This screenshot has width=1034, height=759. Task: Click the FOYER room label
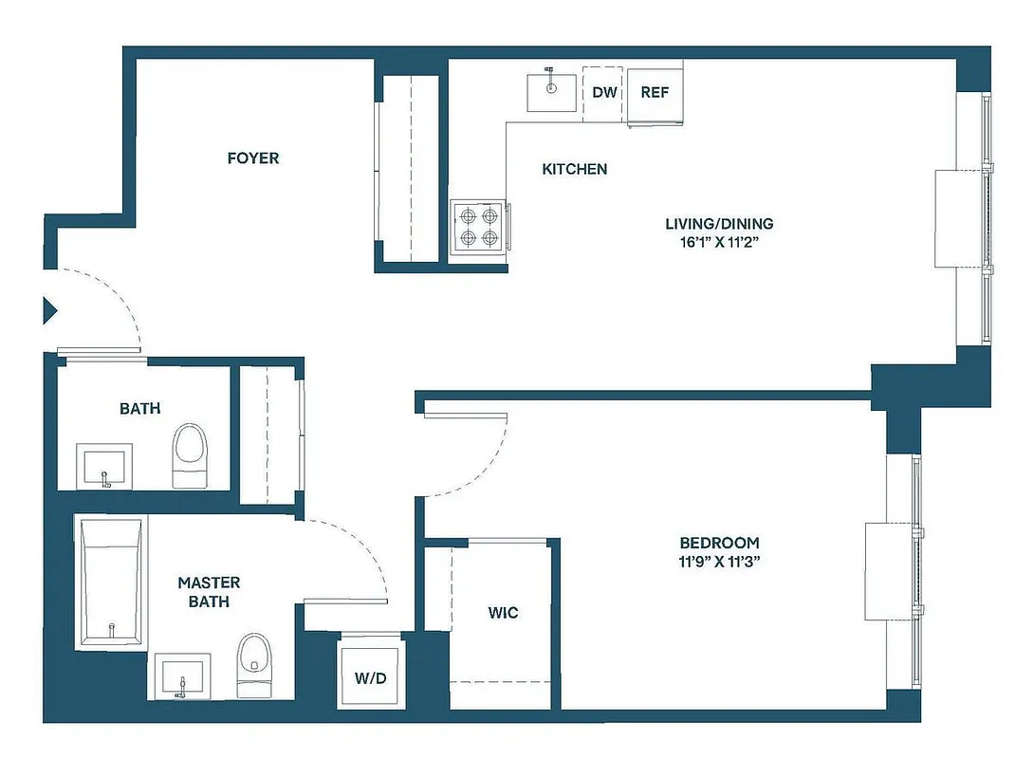(253, 158)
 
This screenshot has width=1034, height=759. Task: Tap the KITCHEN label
(574, 169)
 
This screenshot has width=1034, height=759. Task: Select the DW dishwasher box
(605, 93)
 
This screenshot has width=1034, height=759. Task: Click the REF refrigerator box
(655, 93)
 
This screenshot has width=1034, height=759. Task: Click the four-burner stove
(477, 227)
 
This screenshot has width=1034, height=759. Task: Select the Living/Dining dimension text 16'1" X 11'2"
(719, 242)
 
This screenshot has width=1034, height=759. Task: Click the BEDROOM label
(719, 543)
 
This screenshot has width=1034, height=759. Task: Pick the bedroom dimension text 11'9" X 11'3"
(719, 561)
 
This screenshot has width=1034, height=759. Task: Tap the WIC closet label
(503, 613)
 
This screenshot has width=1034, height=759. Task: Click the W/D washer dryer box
(370, 677)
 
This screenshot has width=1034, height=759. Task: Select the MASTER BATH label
(209, 591)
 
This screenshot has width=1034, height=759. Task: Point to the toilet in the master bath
(252, 664)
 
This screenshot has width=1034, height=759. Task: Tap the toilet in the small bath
(190, 454)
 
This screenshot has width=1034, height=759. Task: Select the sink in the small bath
(104, 466)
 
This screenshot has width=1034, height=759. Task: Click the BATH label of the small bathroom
(139, 409)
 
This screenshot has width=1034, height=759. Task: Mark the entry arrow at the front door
(50, 310)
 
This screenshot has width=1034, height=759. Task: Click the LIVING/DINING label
(719, 224)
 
